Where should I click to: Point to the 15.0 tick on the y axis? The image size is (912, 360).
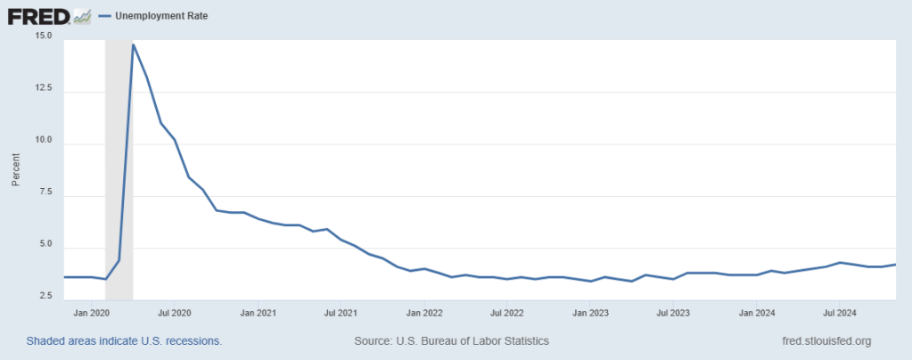pyautogui.click(x=44, y=37)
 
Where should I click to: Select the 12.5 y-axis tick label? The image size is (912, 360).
pyautogui.click(x=44, y=89)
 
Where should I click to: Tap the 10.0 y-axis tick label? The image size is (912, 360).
pyautogui.click(x=44, y=141)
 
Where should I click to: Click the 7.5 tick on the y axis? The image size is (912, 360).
pyautogui.click(x=46, y=192)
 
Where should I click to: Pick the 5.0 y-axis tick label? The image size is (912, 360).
pyautogui.click(x=46, y=245)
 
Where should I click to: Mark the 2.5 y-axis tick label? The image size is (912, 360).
pyautogui.click(x=46, y=297)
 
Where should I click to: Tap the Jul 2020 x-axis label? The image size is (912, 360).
pyautogui.click(x=175, y=314)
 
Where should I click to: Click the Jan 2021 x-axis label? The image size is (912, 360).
pyautogui.click(x=259, y=314)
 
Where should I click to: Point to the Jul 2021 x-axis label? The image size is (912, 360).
pyautogui.click(x=341, y=314)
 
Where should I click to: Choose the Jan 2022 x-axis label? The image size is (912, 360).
pyautogui.click(x=425, y=314)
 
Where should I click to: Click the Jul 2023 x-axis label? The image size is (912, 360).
pyautogui.click(x=674, y=314)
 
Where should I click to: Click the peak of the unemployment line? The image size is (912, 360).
pyautogui.click(x=133, y=45)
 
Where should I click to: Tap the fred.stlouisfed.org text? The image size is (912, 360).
pyautogui.click(x=825, y=341)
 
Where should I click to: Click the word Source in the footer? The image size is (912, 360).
pyautogui.click(x=374, y=341)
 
